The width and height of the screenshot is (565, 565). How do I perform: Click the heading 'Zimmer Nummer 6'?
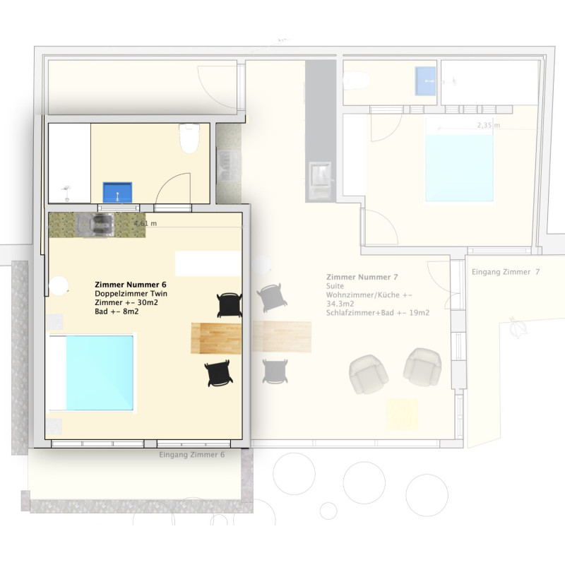point(131,285)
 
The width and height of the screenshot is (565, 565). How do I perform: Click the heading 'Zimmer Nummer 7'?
point(362,277)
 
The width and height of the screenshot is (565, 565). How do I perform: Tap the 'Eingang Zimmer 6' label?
point(191,455)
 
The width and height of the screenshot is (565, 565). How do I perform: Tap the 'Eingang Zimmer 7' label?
point(506,272)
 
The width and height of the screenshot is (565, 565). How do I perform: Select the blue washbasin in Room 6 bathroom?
point(117,192)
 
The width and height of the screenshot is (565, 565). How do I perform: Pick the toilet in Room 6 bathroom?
point(189,138)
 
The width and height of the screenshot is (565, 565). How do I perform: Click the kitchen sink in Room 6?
point(95,225)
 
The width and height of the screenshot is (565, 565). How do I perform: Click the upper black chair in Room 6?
point(230,305)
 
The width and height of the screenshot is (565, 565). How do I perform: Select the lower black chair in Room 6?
point(218,373)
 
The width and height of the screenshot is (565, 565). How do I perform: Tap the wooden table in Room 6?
point(216,338)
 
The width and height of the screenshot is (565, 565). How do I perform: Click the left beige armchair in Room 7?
point(368,374)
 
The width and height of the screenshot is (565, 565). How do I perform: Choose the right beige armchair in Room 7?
point(422,367)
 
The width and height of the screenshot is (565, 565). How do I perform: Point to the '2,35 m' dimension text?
point(489,126)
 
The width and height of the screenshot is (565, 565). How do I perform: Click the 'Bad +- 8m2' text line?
point(117,311)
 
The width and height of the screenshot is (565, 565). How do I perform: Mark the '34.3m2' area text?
point(340,304)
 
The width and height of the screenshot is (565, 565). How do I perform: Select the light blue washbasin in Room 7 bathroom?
point(425,81)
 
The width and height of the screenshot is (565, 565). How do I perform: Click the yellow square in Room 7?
point(403,414)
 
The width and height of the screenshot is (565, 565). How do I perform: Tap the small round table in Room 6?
point(59,286)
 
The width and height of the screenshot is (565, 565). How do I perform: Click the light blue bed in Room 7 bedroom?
point(459,168)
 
